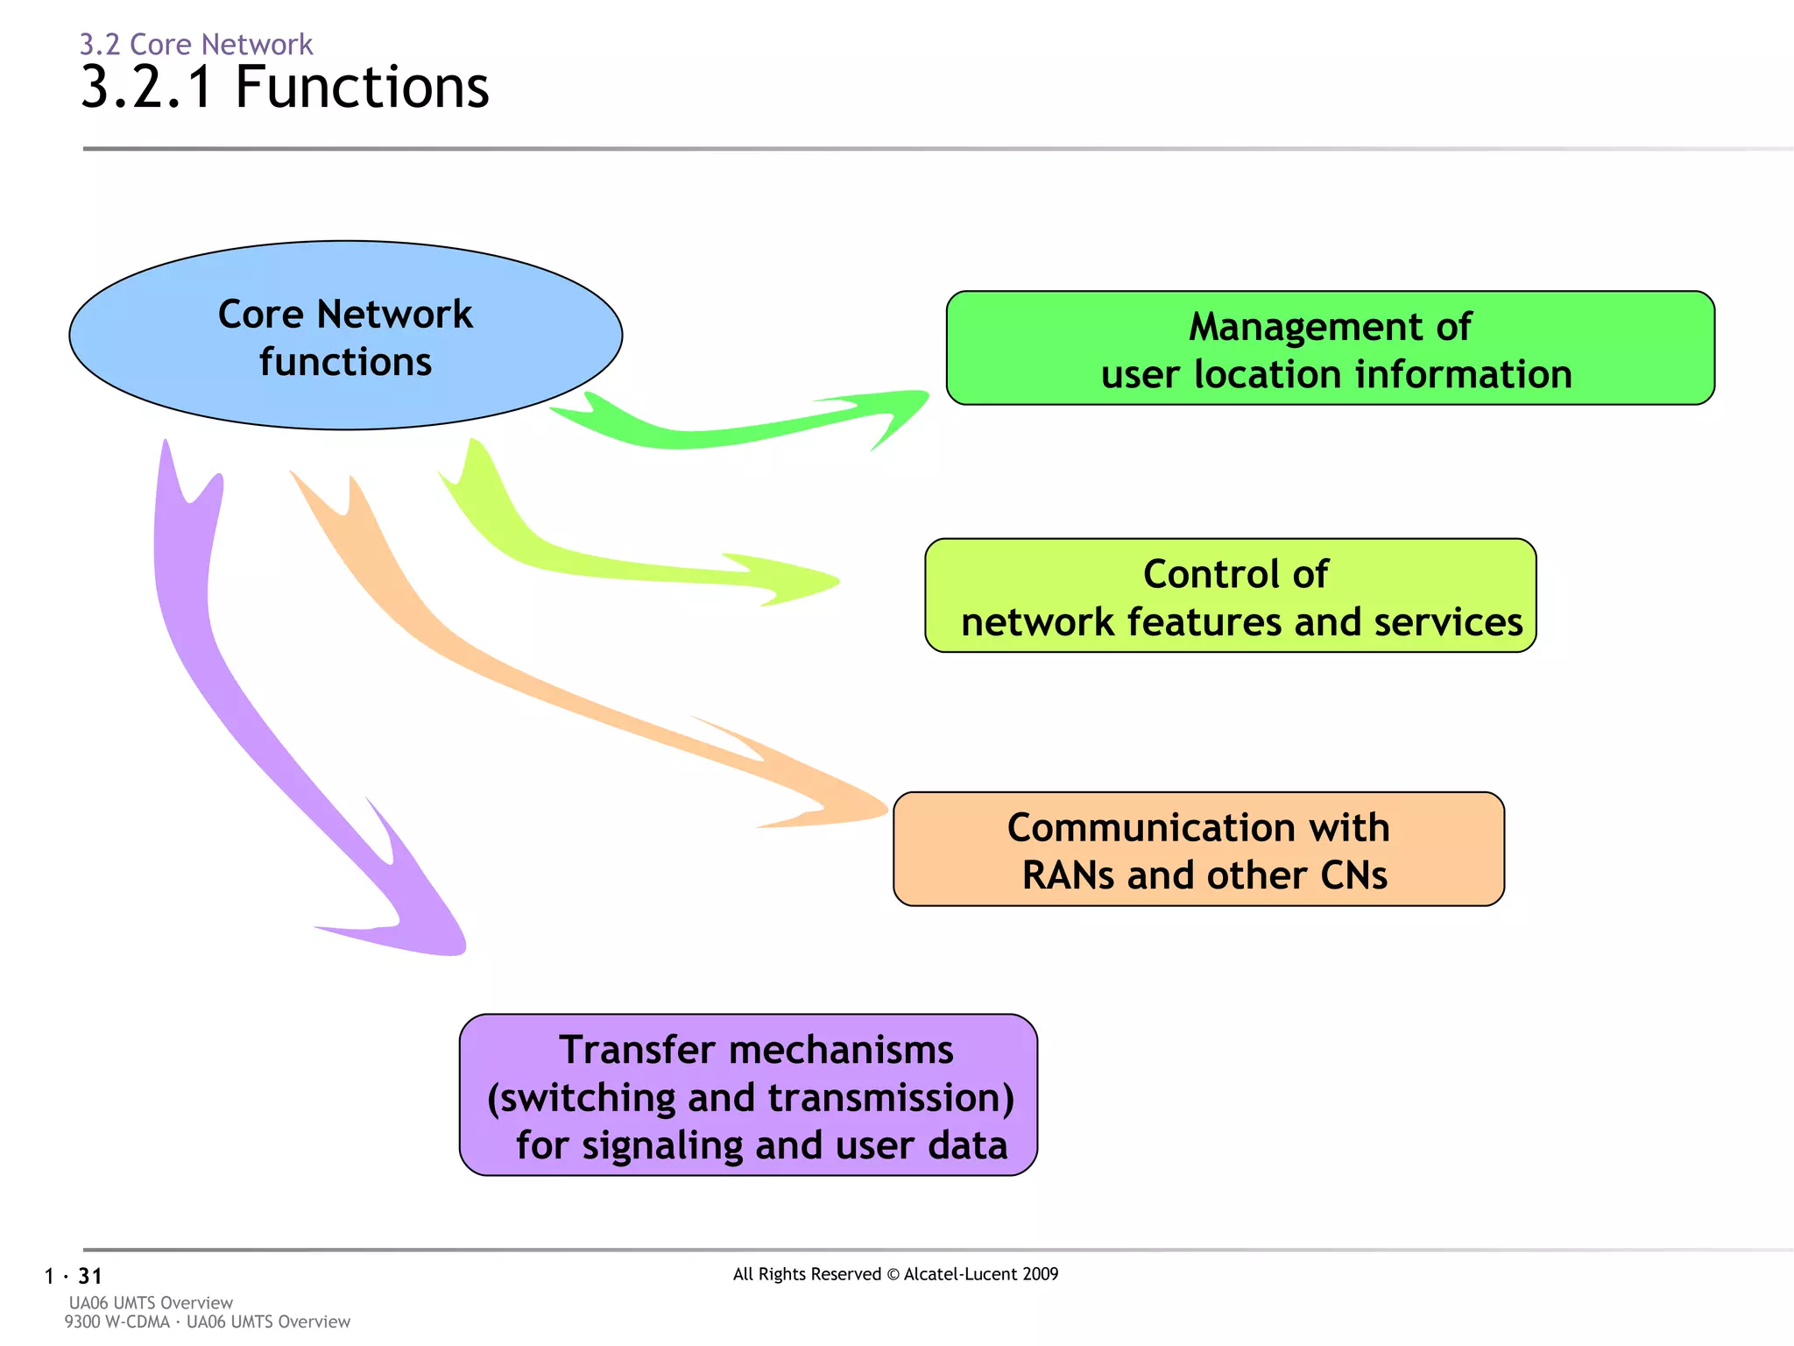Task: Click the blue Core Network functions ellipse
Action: point(345,336)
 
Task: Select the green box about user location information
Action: point(1330,349)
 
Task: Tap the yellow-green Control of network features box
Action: point(1230,596)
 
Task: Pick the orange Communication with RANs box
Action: point(1198,849)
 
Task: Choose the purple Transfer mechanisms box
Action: point(748,1095)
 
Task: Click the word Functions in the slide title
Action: point(362,88)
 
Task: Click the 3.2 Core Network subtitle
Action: point(196,44)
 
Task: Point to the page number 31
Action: point(90,1276)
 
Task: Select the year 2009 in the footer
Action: point(1039,1274)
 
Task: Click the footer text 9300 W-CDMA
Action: point(117,1321)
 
